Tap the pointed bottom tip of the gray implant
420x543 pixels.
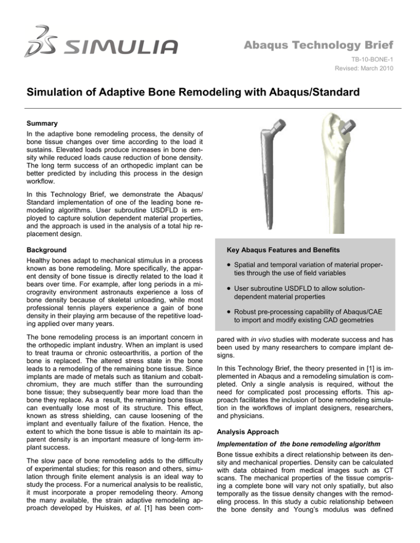(261, 232)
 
